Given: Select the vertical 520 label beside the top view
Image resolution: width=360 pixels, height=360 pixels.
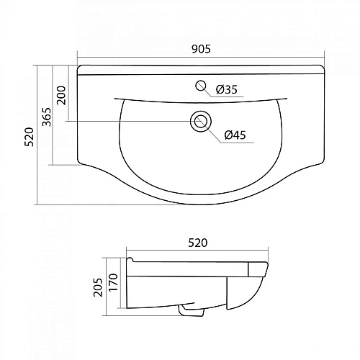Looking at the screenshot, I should pyautogui.click(x=30, y=137).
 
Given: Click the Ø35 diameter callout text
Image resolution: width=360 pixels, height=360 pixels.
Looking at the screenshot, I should pyautogui.click(x=227, y=89).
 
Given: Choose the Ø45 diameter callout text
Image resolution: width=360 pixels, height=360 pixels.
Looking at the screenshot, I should pyautogui.click(x=236, y=135).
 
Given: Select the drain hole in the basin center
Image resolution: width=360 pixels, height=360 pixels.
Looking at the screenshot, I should pyautogui.click(x=199, y=121).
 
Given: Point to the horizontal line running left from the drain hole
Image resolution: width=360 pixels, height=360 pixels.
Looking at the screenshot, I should pyautogui.click(x=130, y=121).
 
